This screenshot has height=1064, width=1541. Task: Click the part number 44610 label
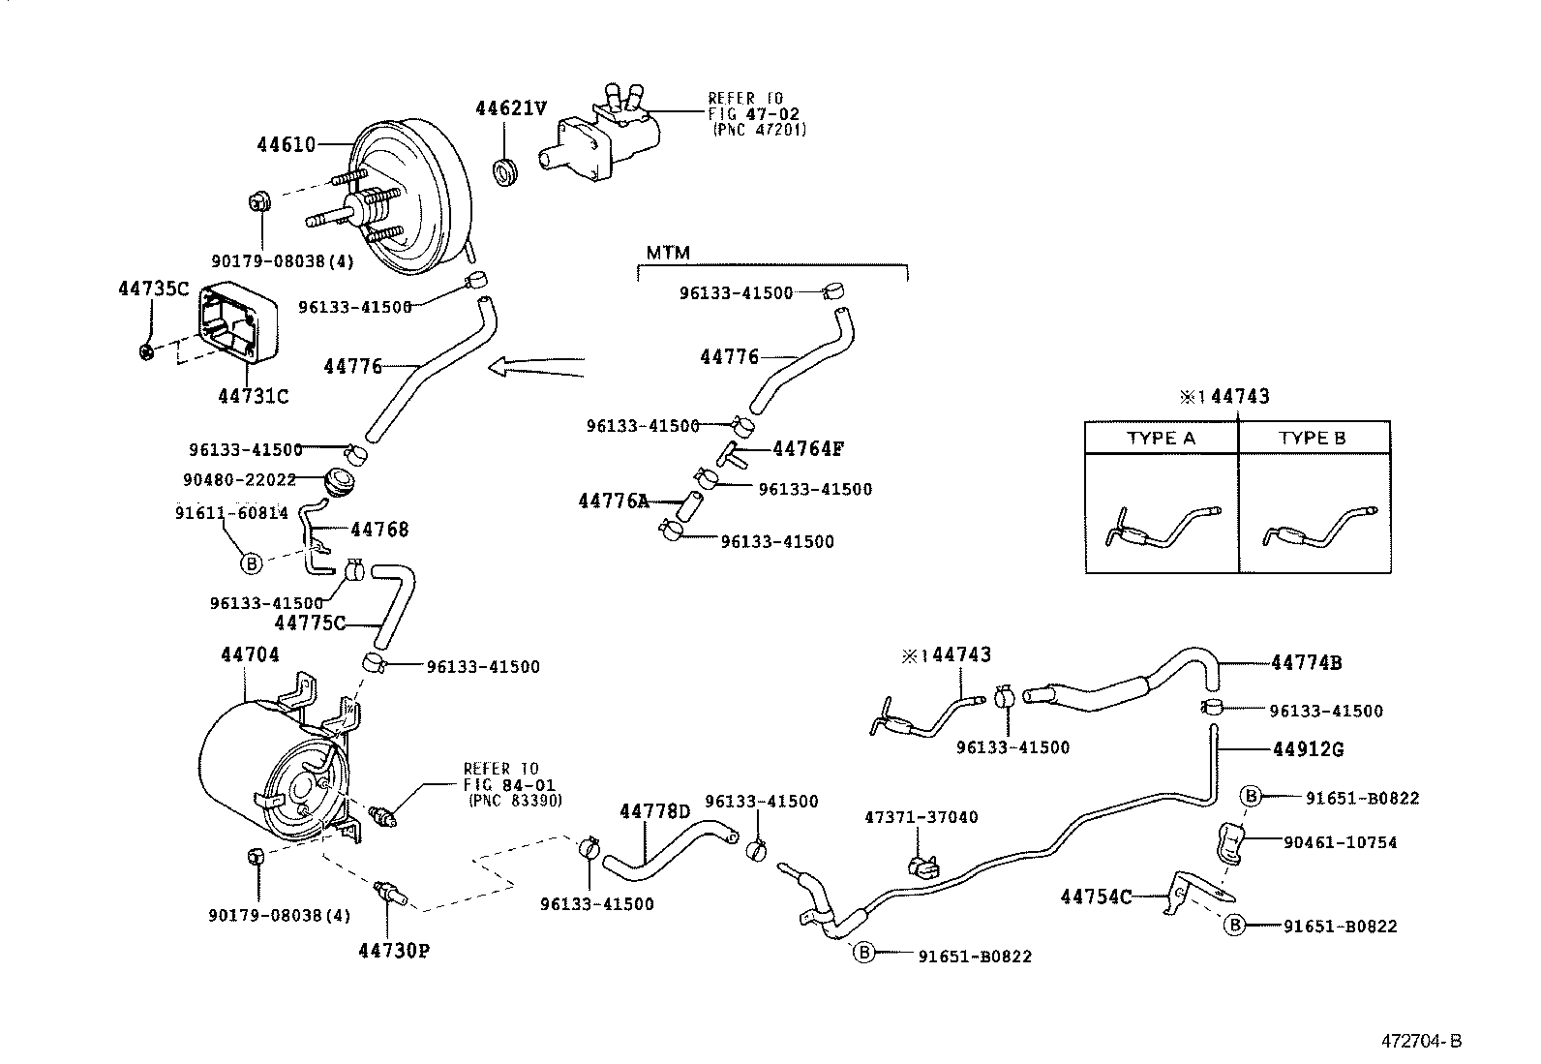(x=286, y=145)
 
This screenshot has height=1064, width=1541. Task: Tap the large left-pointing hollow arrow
(x=536, y=367)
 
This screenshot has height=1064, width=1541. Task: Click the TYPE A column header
(x=1161, y=439)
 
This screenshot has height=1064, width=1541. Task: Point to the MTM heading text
(x=667, y=254)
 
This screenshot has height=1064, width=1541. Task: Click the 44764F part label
(x=808, y=449)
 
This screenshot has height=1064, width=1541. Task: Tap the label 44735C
(x=153, y=289)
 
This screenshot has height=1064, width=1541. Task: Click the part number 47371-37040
(x=921, y=818)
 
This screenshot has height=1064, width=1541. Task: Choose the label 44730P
(x=393, y=951)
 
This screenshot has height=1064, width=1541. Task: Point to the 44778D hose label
(x=654, y=811)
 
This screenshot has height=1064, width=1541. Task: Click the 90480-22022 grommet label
(x=238, y=480)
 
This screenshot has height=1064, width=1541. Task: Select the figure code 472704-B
(x=1421, y=1042)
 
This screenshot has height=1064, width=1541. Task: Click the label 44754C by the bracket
(x=1096, y=897)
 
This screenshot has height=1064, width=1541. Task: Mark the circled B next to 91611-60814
(x=250, y=562)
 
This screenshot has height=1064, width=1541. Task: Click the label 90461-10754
(x=1340, y=842)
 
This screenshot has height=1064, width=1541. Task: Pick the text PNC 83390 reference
(x=514, y=802)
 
